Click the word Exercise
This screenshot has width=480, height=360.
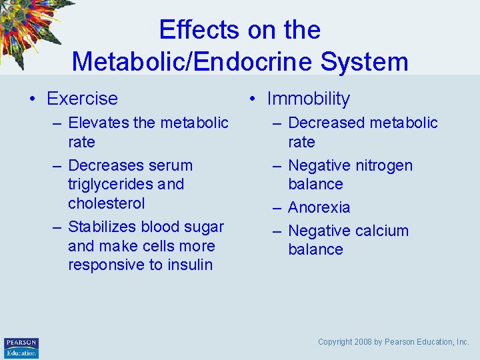click(x=82, y=99)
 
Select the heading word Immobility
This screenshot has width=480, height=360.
click(x=308, y=99)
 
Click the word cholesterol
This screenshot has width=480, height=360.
click(x=106, y=203)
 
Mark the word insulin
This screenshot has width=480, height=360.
click(x=190, y=265)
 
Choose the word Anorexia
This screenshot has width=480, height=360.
click(x=319, y=207)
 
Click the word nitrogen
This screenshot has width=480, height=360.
click(x=383, y=165)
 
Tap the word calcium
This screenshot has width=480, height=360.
click(x=377, y=231)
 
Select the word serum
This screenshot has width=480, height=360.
click(x=170, y=165)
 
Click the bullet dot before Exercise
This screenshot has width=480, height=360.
click(x=32, y=99)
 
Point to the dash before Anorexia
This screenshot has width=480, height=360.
click(x=277, y=208)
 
